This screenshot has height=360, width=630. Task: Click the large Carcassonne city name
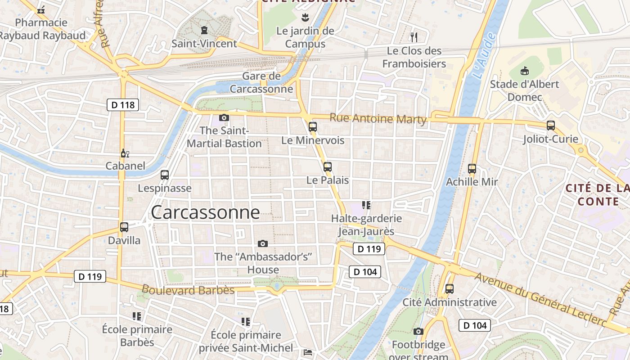205,212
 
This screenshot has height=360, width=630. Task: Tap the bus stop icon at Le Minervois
313,126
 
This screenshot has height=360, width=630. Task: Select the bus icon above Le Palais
328,166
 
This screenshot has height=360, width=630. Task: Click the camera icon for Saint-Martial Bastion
224,117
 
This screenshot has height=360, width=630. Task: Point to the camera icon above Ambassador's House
263,243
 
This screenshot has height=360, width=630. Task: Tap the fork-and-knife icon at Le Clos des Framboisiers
414,37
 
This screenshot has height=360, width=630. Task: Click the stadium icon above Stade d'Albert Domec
524,71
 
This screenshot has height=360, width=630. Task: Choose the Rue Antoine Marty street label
378,119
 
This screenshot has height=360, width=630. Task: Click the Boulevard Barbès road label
188,290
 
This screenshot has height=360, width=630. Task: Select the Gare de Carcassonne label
261,82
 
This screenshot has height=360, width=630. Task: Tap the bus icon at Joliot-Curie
550,126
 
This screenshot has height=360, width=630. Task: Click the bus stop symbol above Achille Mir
472,169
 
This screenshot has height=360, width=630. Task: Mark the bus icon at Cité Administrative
449,288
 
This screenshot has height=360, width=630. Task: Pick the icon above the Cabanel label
125,153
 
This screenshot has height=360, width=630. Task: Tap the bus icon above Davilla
124,227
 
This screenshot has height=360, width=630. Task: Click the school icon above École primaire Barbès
137,316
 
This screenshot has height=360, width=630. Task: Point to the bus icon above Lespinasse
165,175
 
